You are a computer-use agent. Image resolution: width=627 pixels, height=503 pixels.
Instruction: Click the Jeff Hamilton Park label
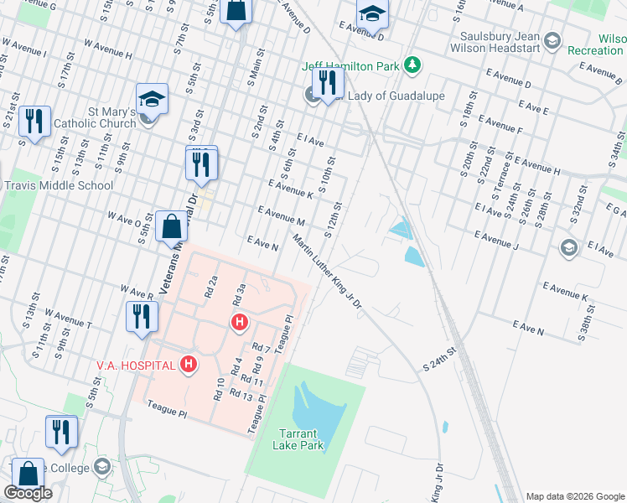click(351, 65)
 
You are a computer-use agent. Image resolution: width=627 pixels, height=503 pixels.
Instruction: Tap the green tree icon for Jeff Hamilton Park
click(412, 65)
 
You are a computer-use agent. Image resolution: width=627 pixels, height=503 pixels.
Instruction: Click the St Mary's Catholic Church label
click(94, 117)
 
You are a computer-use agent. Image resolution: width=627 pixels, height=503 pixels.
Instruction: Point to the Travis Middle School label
click(58, 185)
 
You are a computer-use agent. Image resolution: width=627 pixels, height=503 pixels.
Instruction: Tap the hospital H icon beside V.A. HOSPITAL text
click(189, 364)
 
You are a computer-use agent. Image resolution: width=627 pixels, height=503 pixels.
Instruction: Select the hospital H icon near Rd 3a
click(240, 322)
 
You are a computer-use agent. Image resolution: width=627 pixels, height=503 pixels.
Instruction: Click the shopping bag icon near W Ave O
click(171, 226)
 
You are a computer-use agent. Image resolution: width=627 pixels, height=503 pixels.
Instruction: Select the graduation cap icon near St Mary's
click(152, 99)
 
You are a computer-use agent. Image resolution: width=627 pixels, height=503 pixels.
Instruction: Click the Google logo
click(28, 493)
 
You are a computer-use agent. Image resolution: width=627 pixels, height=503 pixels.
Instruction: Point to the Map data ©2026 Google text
click(575, 496)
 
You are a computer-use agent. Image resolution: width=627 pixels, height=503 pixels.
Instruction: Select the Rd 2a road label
click(211, 288)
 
